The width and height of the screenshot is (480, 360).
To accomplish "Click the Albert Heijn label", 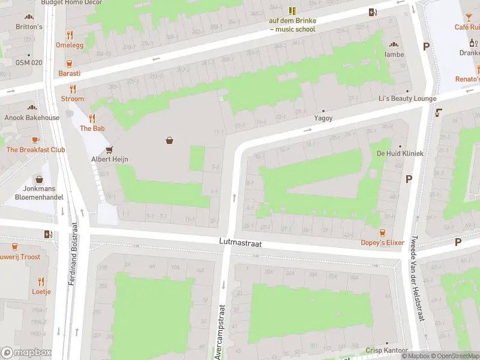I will click(x=110, y=159).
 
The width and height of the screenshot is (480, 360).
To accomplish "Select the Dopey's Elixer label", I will click(x=382, y=242).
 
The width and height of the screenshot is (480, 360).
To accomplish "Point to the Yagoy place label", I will click(x=323, y=119).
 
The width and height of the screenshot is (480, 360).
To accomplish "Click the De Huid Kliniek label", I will click(x=400, y=154).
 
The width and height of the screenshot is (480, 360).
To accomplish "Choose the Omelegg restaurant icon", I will click(x=70, y=35).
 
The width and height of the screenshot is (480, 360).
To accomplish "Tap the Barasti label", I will click(x=70, y=73).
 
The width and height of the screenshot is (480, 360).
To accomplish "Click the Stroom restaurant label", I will click(x=72, y=98).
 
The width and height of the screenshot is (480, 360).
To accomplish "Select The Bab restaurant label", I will click(x=92, y=128).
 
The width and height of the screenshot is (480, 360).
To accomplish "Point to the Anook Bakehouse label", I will click(x=32, y=118).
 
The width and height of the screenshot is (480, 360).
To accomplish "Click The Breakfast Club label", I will click(x=35, y=149).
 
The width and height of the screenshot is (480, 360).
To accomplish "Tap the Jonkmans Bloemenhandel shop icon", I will click(x=40, y=179).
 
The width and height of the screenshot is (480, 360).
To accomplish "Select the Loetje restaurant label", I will click(x=41, y=292).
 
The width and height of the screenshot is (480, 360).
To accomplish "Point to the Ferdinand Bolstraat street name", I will click(x=74, y=254).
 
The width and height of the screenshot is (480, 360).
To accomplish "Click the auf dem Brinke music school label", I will click(x=292, y=25).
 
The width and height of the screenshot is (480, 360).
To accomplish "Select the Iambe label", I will click(x=394, y=54).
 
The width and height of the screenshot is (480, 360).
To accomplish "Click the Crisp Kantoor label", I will click(x=387, y=350).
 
